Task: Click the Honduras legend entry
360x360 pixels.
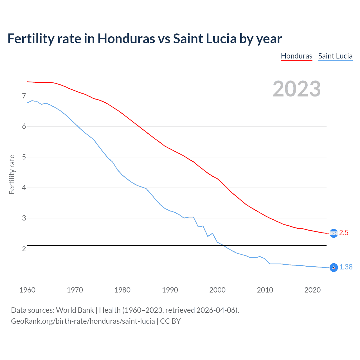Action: coord(296,56)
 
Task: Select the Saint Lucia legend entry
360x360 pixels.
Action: coord(335,56)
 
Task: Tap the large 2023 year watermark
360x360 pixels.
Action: coord(297,89)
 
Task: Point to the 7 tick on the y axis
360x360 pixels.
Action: coord(24,96)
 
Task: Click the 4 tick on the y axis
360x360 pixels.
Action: coord(24,188)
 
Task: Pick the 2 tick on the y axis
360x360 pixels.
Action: coord(24,249)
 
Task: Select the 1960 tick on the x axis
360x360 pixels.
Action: coord(27,290)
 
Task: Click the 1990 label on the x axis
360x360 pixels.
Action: coord(170,290)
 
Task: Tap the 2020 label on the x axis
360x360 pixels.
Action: coord(312,290)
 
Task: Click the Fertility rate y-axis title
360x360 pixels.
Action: coord(12,174)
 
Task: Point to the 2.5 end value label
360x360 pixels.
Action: coord(344,233)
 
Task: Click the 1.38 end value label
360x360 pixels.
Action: coord(346,267)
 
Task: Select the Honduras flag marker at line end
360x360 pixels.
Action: coord(334,233)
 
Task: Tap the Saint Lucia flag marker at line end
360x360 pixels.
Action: coord(334,267)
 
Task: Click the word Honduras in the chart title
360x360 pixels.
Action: coord(126,39)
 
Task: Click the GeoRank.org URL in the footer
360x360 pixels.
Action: coord(83,321)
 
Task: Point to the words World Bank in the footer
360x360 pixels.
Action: coord(75,310)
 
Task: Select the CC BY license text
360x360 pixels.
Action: coord(170,321)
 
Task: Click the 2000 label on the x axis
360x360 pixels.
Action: coord(217,290)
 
